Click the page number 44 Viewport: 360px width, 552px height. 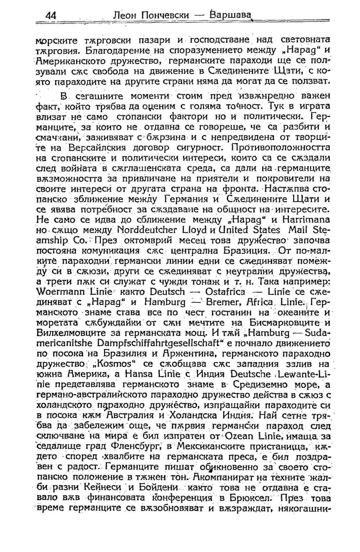(x=51, y=15)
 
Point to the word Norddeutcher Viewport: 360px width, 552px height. (x=147, y=230)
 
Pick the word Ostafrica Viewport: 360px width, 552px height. (x=225, y=292)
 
